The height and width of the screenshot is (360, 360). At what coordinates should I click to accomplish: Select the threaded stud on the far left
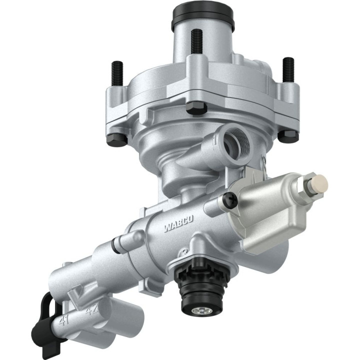point(117,73)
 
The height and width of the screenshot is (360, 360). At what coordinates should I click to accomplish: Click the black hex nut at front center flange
point(195,108)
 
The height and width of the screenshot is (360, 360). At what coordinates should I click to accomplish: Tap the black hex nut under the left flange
point(116,138)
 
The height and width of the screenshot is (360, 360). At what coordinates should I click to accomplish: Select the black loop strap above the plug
point(46,305)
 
